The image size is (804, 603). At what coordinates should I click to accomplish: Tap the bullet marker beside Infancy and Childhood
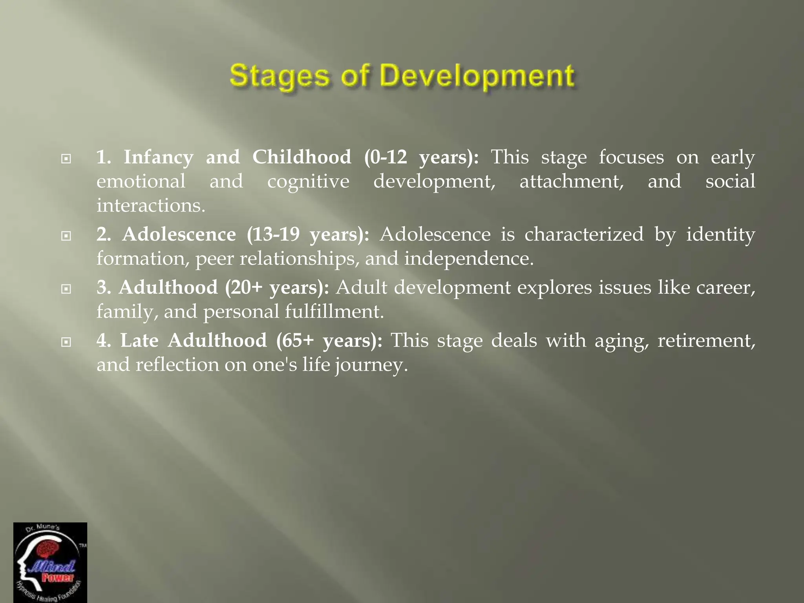[x=66, y=159]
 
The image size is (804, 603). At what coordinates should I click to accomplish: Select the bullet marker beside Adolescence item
[x=66, y=236]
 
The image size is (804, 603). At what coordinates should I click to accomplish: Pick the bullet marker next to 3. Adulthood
[x=66, y=289]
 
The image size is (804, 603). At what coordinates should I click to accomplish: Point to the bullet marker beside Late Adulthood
[x=66, y=342]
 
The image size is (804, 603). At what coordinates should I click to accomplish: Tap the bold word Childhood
[x=301, y=157]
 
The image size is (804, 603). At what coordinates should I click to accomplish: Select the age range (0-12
[x=386, y=157]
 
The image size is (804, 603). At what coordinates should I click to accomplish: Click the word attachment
[x=572, y=182]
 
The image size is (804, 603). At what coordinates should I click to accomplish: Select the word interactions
[x=151, y=206]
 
